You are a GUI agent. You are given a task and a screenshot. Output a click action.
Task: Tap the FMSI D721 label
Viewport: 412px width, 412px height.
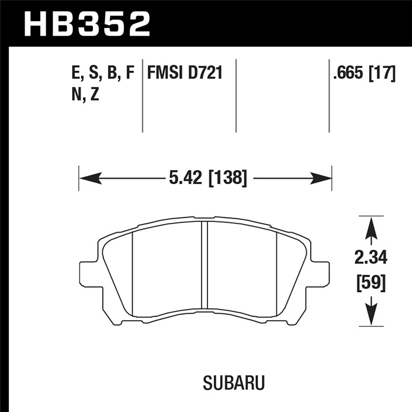click(185, 73)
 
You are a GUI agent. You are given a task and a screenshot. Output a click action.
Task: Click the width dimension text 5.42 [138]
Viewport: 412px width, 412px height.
click(208, 178)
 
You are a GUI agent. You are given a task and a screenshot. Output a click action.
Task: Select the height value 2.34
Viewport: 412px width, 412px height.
click(371, 258)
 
